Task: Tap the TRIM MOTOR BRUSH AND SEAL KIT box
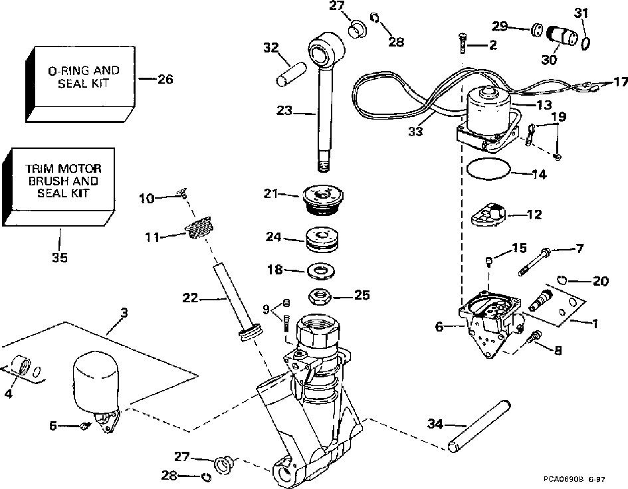(58, 187)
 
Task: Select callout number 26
(165, 79)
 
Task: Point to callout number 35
(60, 257)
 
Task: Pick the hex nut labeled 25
(320, 297)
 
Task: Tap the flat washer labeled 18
(320, 271)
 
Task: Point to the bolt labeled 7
(535, 262)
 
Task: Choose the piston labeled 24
(322, 239)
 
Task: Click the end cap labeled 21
(323, 200)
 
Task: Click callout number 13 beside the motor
(544, 104)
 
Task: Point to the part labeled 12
(488, 215)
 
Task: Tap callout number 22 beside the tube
(190, 298)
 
